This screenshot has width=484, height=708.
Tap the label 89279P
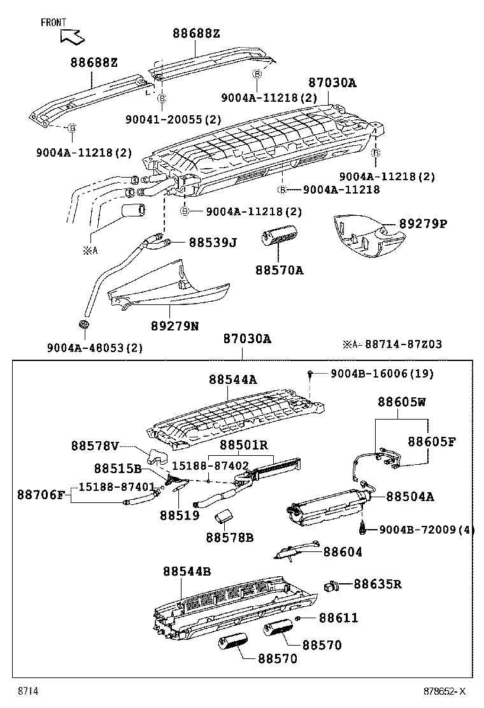tap(423, 224)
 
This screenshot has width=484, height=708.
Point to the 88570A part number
tap(280, 271)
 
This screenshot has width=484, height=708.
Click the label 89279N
tap(174, 326)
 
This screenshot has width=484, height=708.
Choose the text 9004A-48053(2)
tap(94, 348)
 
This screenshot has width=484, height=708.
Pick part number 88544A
tap(232, 379)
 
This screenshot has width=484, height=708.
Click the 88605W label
tap(402, 402)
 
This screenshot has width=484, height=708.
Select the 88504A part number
tap(410, 496)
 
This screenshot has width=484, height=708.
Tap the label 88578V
tap(95, 447)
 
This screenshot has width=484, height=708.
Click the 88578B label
tap(229, 537)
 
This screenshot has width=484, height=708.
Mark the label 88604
tap(343, 552)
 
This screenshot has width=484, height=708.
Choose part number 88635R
tap(378, 583)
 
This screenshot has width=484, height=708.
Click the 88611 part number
tap(338, 618)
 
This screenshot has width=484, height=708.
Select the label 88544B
tap(187, 572)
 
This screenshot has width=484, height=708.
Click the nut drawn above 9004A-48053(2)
tap(83, 327)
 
